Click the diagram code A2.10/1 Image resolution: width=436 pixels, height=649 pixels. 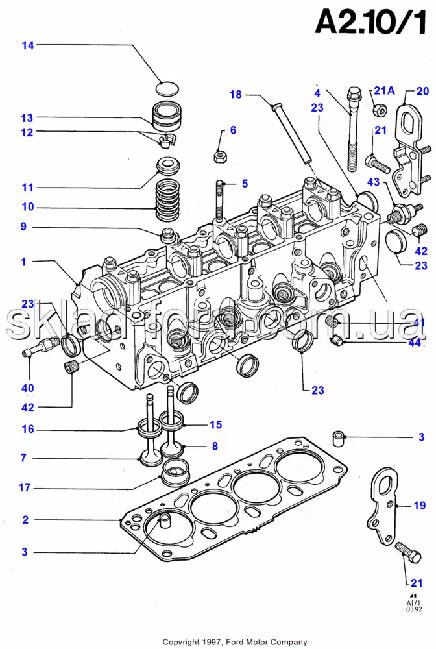pyautogui.click(x=370, y=24)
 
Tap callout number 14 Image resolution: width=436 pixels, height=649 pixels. pyautogui.click(x=27, y=45)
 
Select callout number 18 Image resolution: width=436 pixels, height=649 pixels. pyautogui.click(x=235, y=95)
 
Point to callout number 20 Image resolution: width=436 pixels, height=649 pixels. pyautogui.click(x=423, y=91)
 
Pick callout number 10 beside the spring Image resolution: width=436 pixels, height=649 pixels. pyautogui.click(x=27, y=208)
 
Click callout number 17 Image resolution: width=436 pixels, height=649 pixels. pyautogui.click(x=25, y=487)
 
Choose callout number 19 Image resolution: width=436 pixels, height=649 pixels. pyautogui.click(x=419, y=505)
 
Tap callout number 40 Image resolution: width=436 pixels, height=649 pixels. pyautogui.click(x=27, y=388)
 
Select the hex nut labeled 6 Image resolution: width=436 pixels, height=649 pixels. pyautogui.click(x=219, y=156)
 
